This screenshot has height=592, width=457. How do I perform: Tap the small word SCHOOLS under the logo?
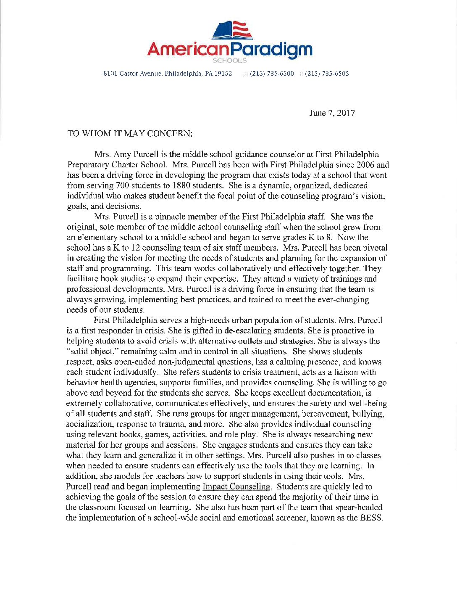pos(230,61)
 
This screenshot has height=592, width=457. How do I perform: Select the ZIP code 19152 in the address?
pos(223,74)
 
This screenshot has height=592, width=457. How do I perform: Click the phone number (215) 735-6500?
pos(272,74)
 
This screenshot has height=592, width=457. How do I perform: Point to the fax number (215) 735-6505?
pos(327,74)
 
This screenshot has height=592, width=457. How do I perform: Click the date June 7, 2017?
pos(332,113)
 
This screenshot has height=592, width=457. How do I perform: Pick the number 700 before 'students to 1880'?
pos(122,185)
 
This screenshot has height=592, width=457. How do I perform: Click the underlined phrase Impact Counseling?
pos(236,486)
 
